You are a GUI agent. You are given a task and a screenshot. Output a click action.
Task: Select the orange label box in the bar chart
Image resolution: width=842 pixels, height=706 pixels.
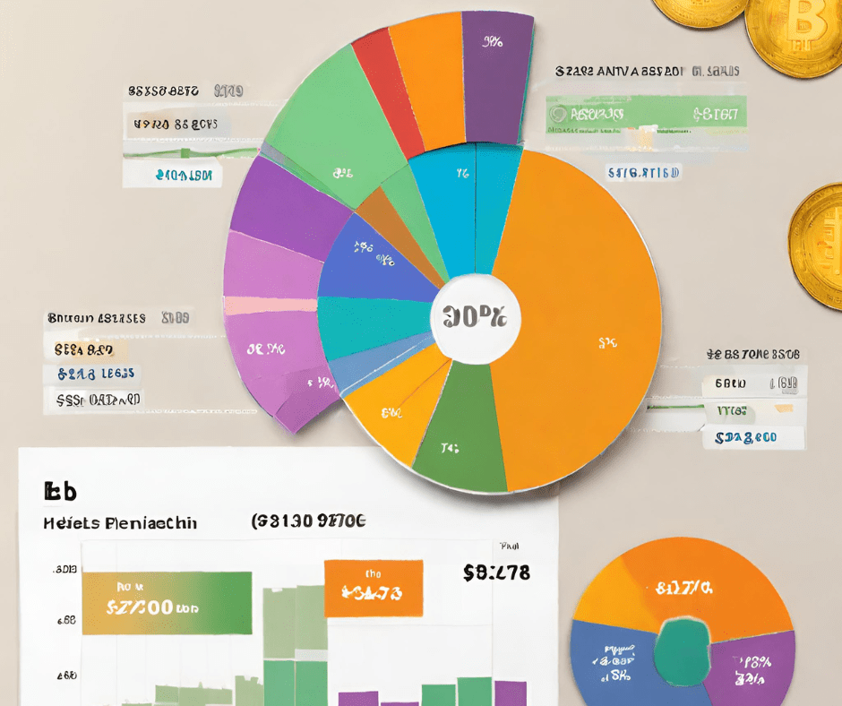coord(373,588)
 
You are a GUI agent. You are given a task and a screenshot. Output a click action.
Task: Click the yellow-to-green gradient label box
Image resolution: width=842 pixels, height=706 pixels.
coord(167,603)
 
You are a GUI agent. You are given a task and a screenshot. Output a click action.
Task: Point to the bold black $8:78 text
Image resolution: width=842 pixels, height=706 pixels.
coord(496,573)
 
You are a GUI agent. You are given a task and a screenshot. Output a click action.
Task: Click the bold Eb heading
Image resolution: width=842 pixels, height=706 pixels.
coord(59,491)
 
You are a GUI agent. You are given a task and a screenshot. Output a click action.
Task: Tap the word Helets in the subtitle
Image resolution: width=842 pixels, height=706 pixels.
coord(66,522)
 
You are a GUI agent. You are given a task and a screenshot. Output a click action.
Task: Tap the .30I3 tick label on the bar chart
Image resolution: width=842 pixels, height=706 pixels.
coord(64,569)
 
